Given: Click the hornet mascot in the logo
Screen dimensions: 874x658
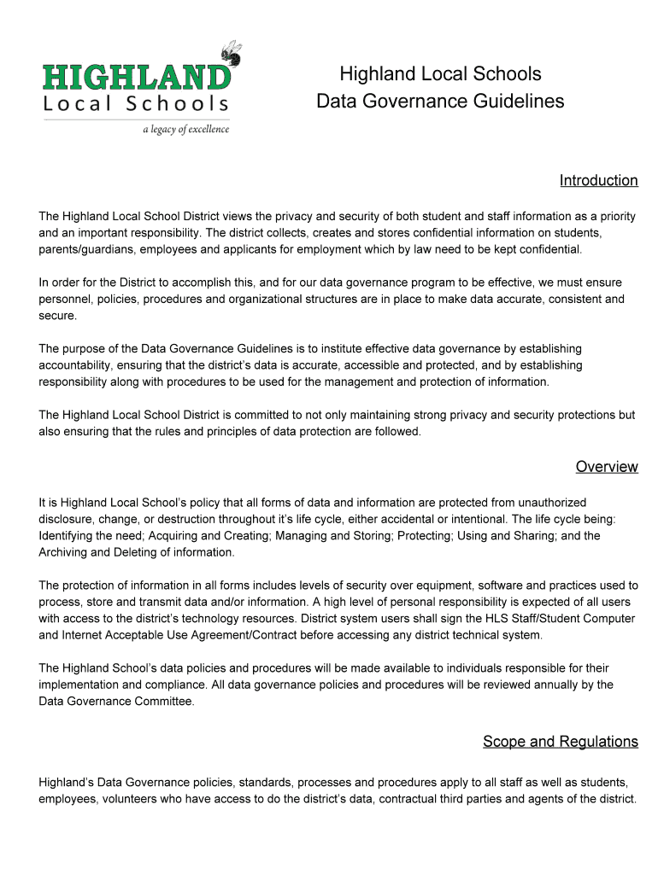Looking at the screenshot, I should [232, 53].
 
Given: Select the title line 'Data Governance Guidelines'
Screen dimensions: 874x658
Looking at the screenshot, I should [440, 101].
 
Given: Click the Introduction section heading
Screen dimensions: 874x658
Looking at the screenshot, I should [598, 180].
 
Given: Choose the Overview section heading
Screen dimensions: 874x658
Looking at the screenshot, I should [607, 467].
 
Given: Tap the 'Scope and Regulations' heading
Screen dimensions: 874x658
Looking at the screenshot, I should [560, 742].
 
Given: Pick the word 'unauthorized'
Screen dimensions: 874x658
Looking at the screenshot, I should [548, 503].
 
